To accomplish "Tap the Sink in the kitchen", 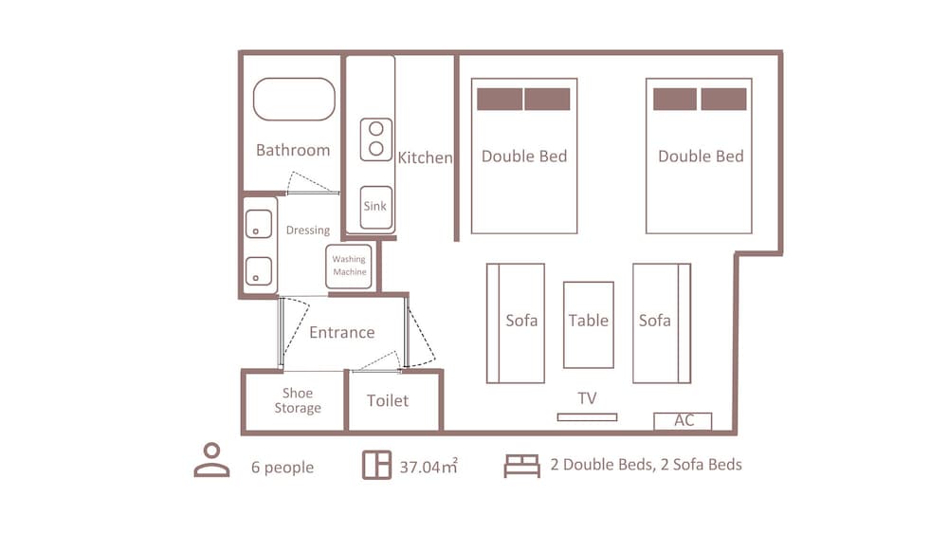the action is click(x=376, y=207).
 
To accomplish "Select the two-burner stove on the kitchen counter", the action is click(x=376, y=139).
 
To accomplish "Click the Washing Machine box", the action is click(x=349, y=267).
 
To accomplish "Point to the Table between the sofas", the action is click(x=589, y=324).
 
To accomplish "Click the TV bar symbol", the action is click(x=587, y=417).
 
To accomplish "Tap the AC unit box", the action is click(x=683, y=421).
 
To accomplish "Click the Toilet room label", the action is click(x=388, y=400).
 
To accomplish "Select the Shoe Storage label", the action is click(x=298, y=400).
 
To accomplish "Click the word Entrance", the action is click(x=341, y=332).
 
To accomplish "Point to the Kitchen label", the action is click(x=425, y=157).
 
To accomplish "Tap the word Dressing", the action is click(x=308, y=230).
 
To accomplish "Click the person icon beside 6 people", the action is click(x=211, y=460).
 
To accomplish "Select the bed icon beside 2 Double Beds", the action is click(x=521, y=466).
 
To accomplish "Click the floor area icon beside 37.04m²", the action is click(x=376, y=465).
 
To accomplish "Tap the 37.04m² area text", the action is click(x=428, y=467).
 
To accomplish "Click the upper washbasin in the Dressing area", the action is click(x=259, y=224).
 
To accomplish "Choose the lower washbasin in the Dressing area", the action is click(x=259, y=271).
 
